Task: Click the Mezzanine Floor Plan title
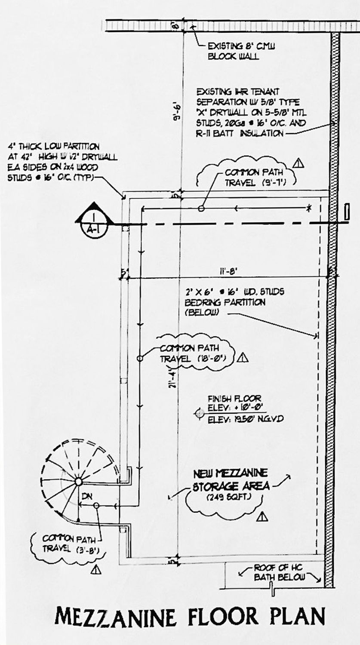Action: (x=190, y=617)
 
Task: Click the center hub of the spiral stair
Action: (x=78, y=481)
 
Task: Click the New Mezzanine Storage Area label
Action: (x=231, y=479)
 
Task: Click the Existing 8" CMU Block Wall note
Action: (x=234, y=51)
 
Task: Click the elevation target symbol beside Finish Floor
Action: (x=199, y=413)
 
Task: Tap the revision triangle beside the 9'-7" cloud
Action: (x=298, y=163)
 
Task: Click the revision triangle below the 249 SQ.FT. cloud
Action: (x=262, y=517)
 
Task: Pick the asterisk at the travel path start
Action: (x=309, y=209)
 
